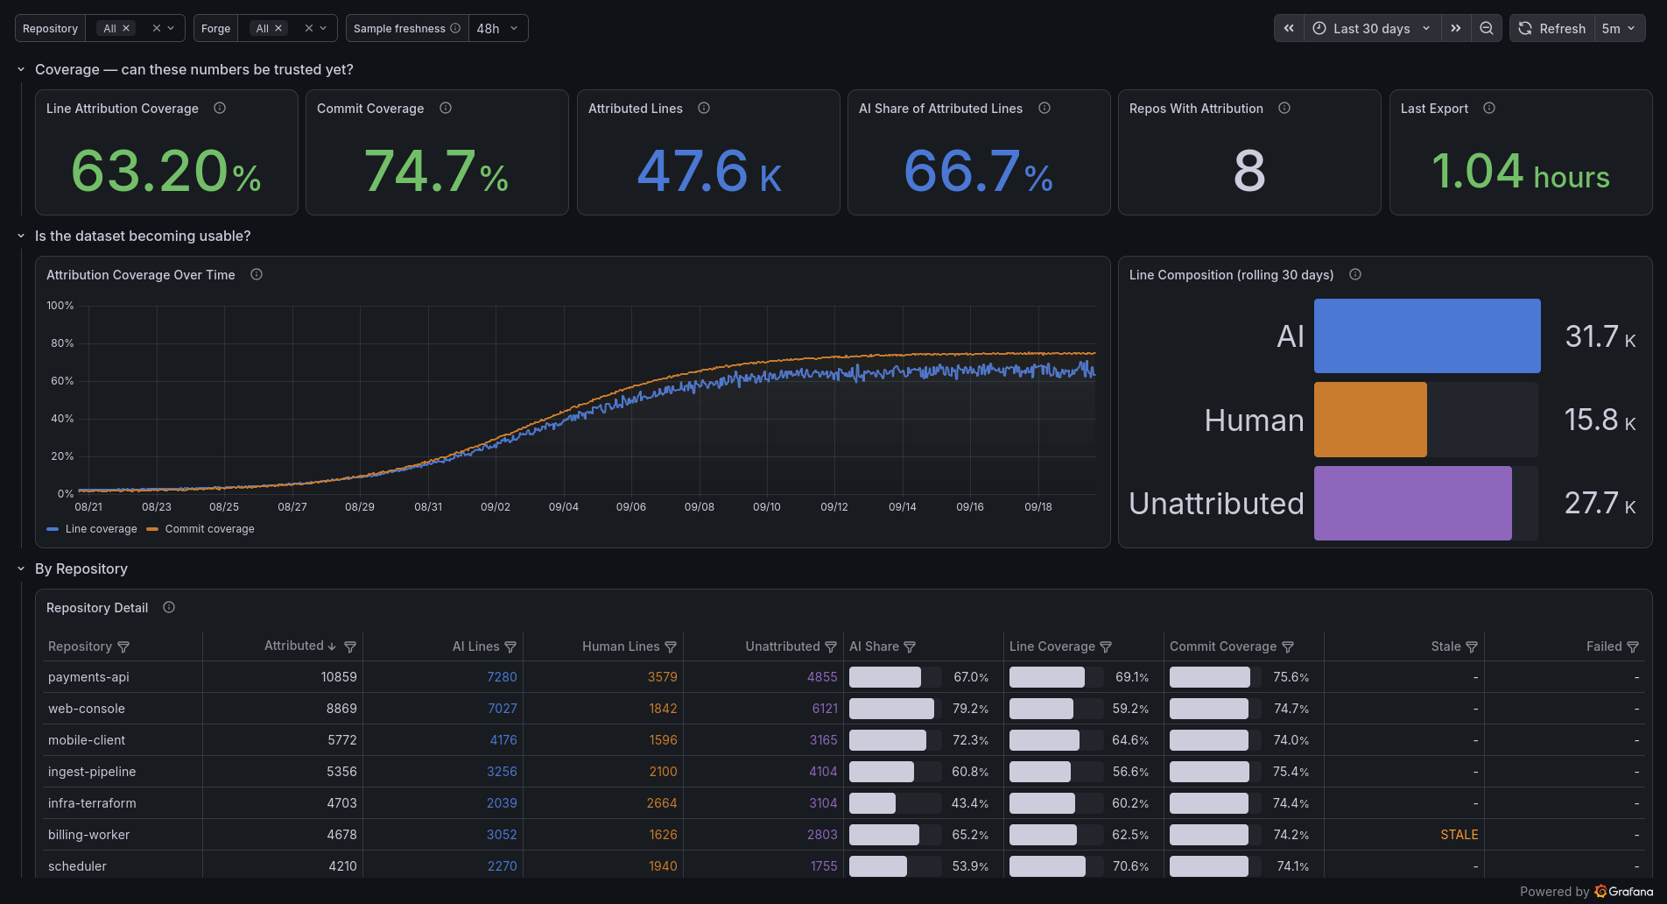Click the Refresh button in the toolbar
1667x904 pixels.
point(1552,28)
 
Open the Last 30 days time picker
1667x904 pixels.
point(1372,28)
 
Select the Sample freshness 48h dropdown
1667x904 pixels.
point(497,28)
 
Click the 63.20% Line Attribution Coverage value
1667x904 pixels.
point(166,171)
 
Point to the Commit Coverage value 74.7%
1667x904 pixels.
point(436,171)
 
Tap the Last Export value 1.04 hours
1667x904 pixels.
point(1521,171)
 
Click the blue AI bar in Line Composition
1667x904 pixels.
point(1427,335)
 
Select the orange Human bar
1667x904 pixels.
point(1370,420)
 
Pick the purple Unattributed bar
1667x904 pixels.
point(1412,503)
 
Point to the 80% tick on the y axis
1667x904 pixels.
point(62,343)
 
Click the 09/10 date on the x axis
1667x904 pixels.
point(767,507)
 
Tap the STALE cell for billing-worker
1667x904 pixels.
point(1460,835)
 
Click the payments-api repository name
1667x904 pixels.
point(88,677)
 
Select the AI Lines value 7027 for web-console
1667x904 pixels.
point(503,709)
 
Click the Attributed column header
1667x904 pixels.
point(294,646)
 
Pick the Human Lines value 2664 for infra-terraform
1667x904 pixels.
point(662,803)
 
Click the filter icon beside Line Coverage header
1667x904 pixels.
point(1106,647)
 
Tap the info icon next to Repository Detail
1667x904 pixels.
point(169,607)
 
